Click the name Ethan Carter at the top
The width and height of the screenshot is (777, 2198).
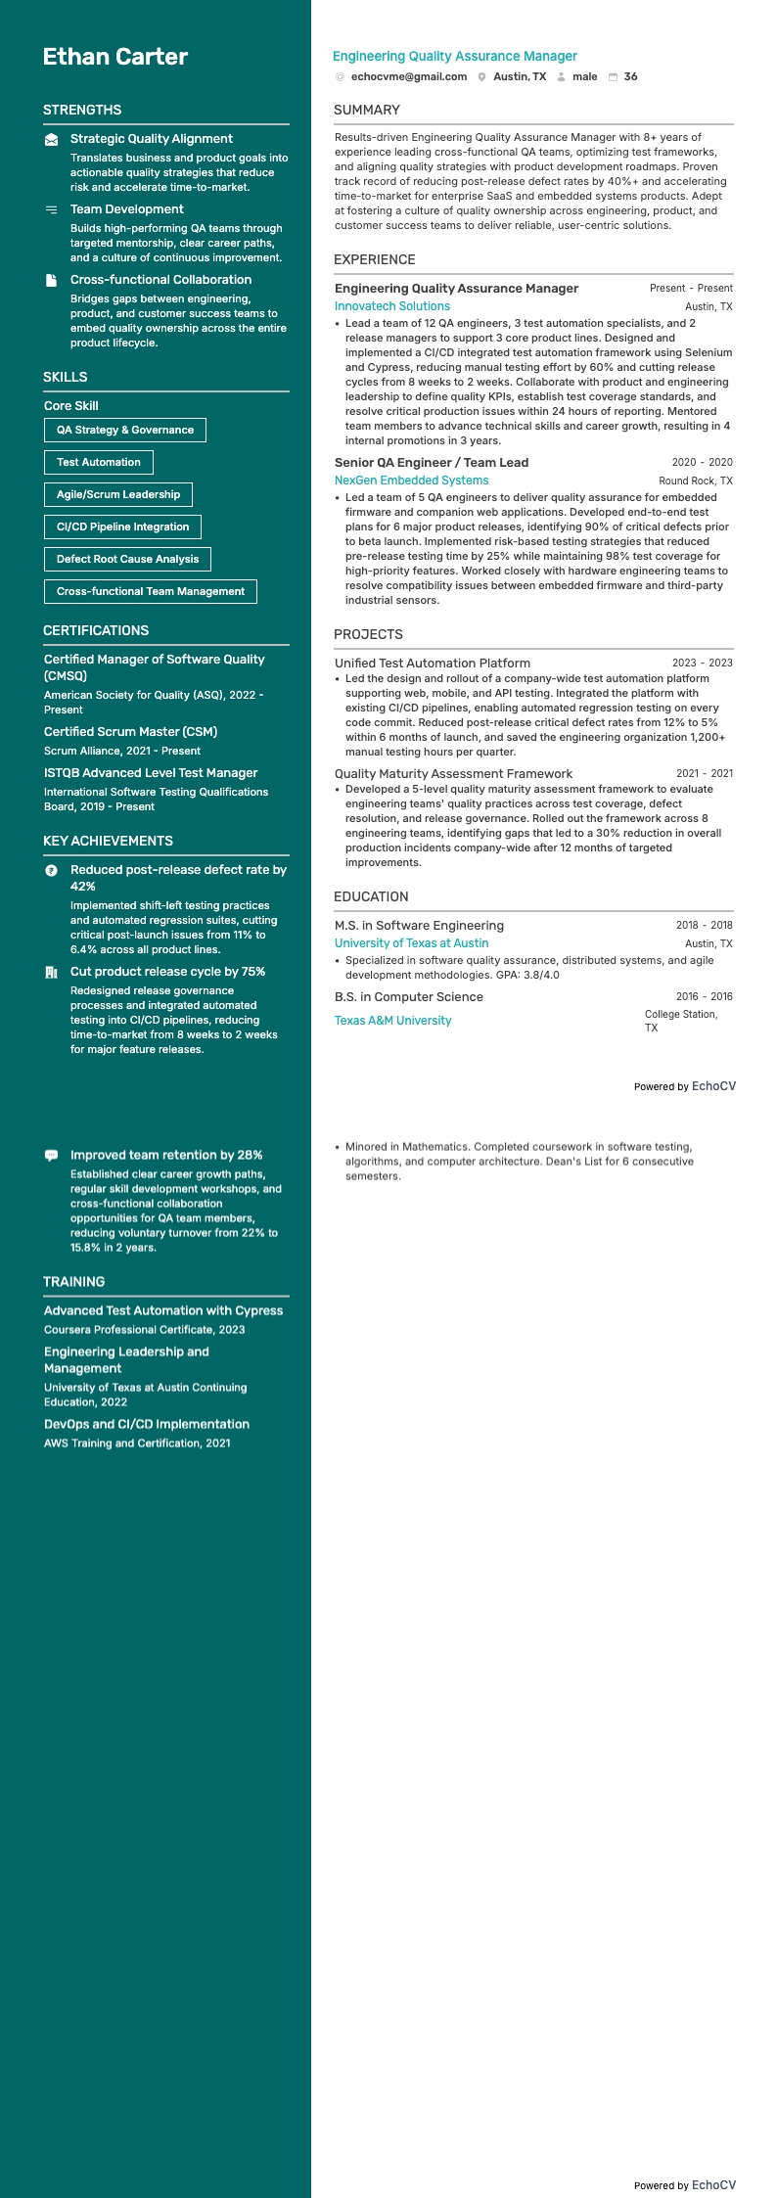pos(115,57)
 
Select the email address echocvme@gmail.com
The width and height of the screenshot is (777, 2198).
pos(408,76)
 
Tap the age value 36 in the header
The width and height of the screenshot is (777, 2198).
pos(630,76)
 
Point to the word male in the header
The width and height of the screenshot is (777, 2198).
pos(584,76)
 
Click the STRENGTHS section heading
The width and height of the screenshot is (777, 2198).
pos(82,110)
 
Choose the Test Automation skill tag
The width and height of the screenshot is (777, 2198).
pos(99,462)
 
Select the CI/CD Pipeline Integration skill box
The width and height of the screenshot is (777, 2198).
pos(122,527)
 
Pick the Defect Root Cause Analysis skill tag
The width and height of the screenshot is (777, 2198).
pos(127,559)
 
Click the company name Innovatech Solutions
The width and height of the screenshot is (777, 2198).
pos(391,306)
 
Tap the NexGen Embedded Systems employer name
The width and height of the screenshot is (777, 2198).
pos(411,481)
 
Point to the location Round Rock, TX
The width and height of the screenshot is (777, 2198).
pos(695,481)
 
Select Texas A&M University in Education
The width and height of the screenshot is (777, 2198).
pos(392,1021)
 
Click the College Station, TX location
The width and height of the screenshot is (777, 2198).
pos(680,1021)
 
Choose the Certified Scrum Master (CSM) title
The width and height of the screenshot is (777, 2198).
pos(130,732)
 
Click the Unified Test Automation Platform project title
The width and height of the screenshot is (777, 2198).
pos(432,663)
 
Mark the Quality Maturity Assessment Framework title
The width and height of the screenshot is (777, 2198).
pos(453,773)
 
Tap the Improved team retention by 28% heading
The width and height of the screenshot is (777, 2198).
pos(166,1155)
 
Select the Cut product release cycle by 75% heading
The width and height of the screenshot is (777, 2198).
pos(167,972)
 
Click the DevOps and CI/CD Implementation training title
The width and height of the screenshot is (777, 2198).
pos(147,1424)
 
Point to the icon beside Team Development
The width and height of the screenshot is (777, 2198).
pos(51,209)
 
